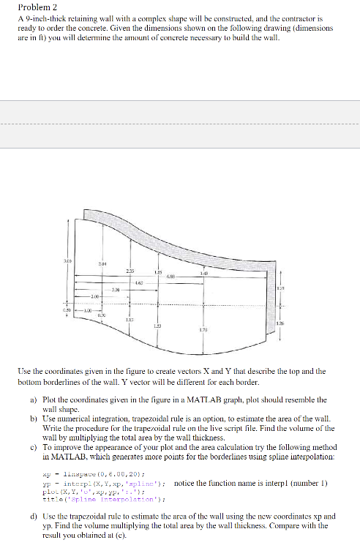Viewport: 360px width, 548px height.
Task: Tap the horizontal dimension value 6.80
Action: click(x=170, y=277)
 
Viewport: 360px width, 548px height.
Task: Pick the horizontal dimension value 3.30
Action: click(x=115, y=290)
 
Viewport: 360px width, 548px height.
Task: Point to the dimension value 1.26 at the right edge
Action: click(x=281, y=325)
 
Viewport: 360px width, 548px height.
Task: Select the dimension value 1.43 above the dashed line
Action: click(x=203, y=273)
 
